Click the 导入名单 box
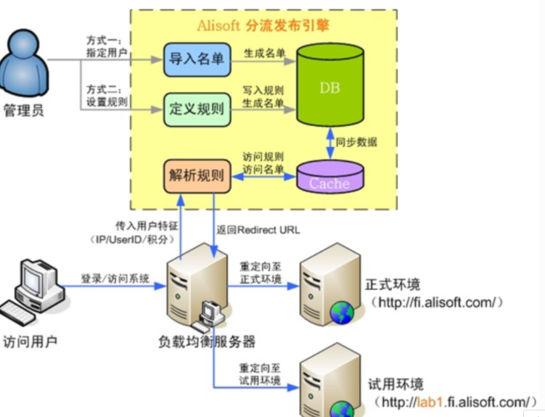[196, 59]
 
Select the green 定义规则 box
[196, 110]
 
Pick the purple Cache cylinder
[329, 177]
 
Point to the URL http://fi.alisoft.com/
[436, 302]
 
